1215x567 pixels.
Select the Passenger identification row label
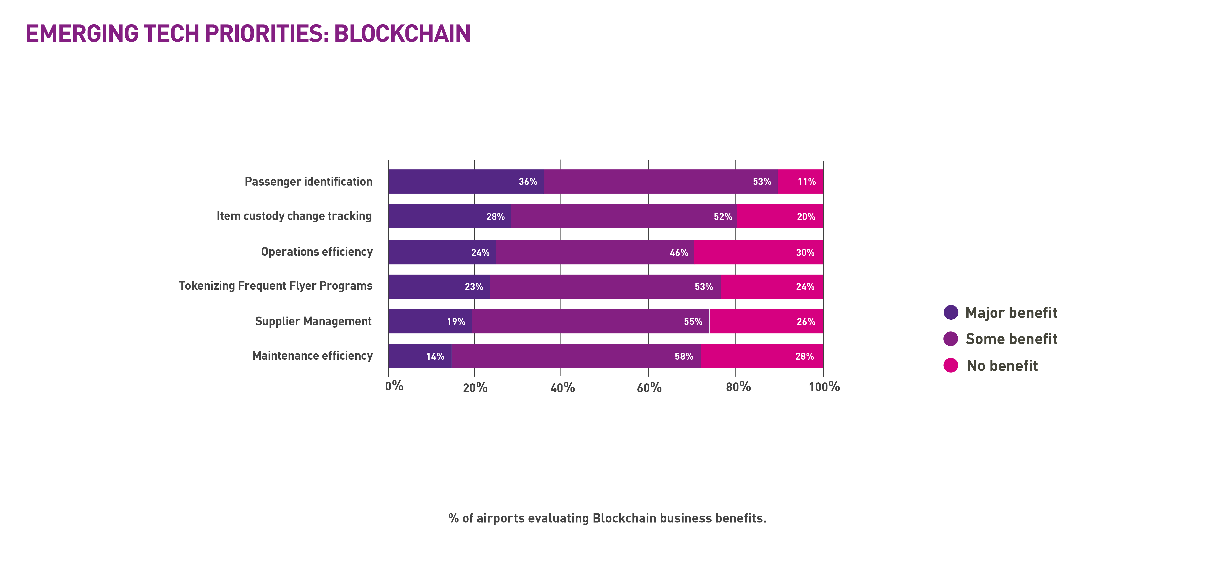coord(308,182)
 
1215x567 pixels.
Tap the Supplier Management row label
coord(313,321)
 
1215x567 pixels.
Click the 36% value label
coord(528,182)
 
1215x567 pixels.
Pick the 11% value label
coord(807,182)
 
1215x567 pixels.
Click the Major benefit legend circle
coord(951,312)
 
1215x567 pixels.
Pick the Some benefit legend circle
coord(951,339)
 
